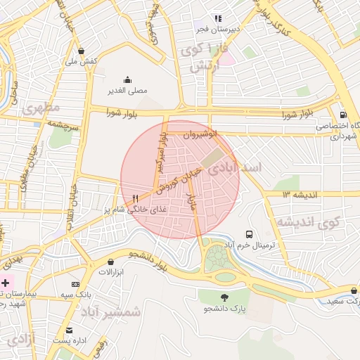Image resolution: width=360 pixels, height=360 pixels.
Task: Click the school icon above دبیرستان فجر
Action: [x=218, y=18]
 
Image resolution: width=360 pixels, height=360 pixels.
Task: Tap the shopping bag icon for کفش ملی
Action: [x=83, y=51]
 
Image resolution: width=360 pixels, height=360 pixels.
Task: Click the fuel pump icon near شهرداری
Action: [x=342, y=115]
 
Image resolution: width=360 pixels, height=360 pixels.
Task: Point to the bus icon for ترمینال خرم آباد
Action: [x=249, y=234]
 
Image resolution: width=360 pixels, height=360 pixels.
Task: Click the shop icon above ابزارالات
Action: [x=110, y=262]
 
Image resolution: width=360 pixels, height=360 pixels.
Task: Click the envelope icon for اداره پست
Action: [x=69, y=330]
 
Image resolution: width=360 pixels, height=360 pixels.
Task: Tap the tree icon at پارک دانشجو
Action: [x=224, y=297]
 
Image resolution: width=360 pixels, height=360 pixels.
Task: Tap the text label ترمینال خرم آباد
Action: [x=252, y=246]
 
